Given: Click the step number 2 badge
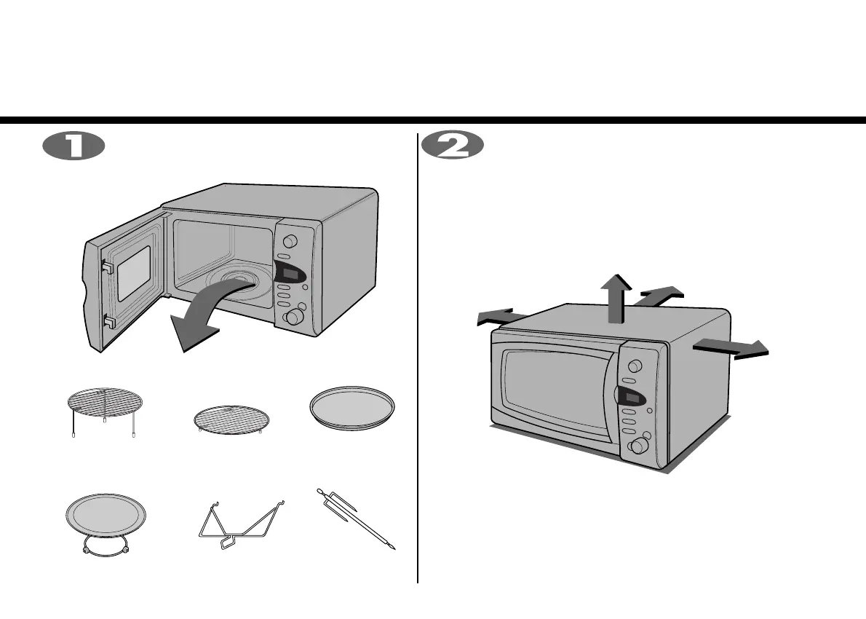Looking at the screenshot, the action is pyautogui.click(x=453, y=146).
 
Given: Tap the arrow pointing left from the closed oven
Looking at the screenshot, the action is pyautogui.click(x=499, y=317).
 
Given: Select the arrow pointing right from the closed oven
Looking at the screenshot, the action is pyautogui.click(x=731, y=348).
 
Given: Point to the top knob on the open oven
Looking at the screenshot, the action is pyautogui.click(x=290, y=242).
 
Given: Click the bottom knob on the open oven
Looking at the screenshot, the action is pyautogui.click(x=295, y=317).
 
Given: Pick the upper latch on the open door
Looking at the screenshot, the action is pyautogui.click(x=106, y=267).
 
